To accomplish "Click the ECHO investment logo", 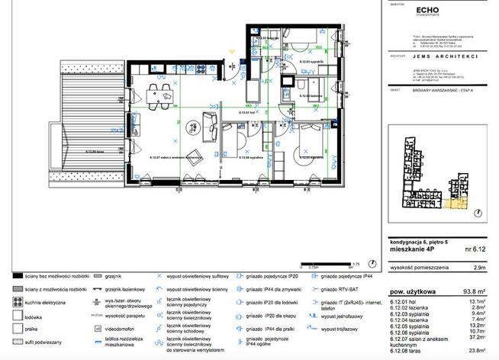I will click(425, 11).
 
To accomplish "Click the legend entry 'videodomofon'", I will click(122, 327).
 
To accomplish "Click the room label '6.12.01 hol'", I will click(246, 113).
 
